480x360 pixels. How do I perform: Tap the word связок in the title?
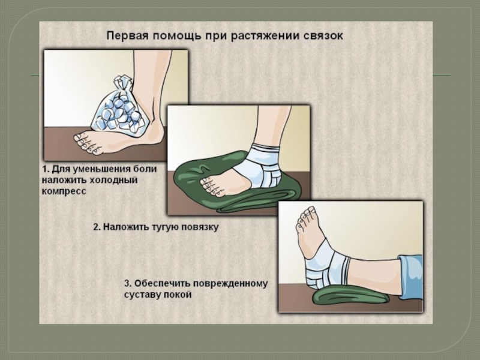coord(323,36)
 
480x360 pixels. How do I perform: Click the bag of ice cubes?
coord(119,109)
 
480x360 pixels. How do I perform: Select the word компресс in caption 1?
coord(64,191)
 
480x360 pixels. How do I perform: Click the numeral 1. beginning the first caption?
coord(46,169)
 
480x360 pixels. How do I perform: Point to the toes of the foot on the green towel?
coord(211,187)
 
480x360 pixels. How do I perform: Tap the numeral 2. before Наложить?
coord(97,227)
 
